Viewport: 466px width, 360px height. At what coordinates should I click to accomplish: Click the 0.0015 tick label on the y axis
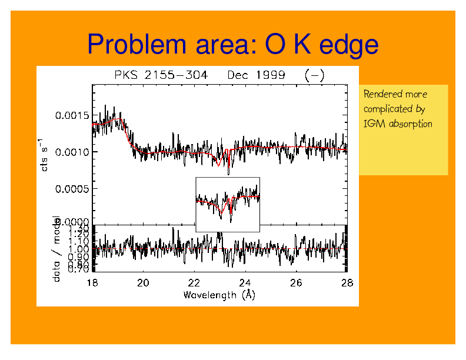(72, 115)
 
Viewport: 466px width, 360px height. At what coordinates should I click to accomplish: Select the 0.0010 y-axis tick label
(72, 152)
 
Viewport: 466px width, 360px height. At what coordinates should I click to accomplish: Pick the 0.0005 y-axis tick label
(72, 189)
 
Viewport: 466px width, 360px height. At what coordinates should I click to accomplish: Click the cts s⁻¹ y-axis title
(44, 152)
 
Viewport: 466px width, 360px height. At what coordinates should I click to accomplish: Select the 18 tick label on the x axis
(92, 283)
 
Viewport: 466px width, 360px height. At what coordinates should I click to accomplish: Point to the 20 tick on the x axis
(144, 283)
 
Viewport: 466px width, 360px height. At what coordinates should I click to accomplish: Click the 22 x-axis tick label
(194, 283)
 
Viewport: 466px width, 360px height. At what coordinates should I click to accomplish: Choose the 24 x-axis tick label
(245, 283)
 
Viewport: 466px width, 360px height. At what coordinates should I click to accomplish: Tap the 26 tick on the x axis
(296, 283)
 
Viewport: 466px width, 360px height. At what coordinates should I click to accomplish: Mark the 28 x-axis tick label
(347, 283)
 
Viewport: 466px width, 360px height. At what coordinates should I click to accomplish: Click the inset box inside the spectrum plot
(228, 204)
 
